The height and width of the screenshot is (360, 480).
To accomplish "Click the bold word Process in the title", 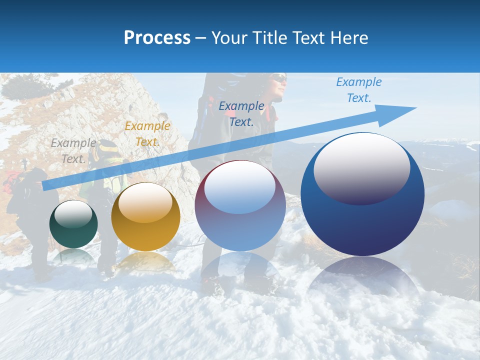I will tap(157, 38).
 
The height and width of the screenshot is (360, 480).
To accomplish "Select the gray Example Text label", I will tap(73, 150).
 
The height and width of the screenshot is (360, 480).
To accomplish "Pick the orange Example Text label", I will tap(147, 133).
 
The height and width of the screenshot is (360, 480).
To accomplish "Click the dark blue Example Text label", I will tap(241, 113).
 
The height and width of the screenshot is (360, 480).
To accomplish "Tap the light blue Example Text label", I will tap(359, 89).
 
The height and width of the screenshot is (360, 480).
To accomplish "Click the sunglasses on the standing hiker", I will tap(279, 79).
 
